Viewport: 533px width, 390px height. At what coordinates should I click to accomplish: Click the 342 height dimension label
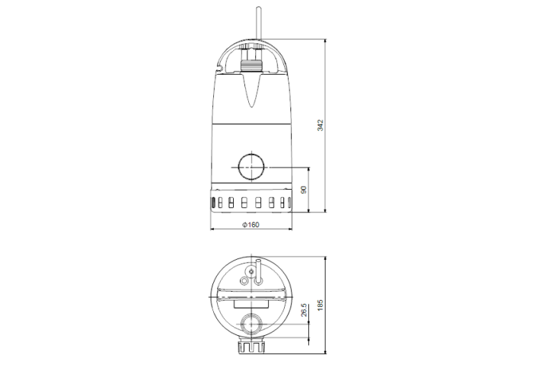pyautogui.click(x=321, y=124)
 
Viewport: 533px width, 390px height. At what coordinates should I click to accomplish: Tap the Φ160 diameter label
pyautogui.click(x=250, y=224)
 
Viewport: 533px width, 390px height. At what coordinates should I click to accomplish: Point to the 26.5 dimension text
pyautogui.click(x=304, y=311)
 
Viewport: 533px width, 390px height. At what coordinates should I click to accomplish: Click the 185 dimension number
pyautogui.click(x=321, y=305)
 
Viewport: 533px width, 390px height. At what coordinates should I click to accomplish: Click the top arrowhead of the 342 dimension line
pyautogui.click(x=326, y=39)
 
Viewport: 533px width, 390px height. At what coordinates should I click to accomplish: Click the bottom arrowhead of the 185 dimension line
pyautogui.click(x=326, y=352)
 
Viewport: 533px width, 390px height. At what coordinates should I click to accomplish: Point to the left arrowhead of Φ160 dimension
pyautogui.click(x=212, y=229)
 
